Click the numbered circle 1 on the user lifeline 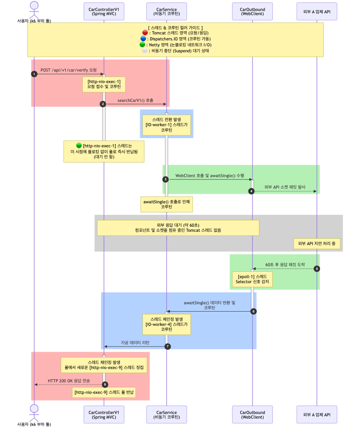pos(34,74)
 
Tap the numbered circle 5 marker pos(317,269)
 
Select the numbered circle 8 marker pos(105,384)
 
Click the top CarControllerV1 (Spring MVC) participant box pos(104,11)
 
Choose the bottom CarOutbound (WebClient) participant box pos(253,414)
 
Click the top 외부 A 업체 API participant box pos(317,11)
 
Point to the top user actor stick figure pos(34,10)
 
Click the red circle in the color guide pos(145,33)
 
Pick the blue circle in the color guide pos(143,39)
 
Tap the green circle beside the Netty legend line pos(142,45)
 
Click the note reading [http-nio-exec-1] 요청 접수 pos(104,84)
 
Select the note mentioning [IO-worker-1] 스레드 pos(167,125)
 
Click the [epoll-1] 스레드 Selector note pos(253,279)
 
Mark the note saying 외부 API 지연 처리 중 pos(317,244)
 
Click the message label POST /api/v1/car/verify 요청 pos(69,70)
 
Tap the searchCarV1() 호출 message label pos(135,101)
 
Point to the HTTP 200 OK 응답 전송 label pos(69,381)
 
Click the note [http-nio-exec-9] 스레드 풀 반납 pos(104,392)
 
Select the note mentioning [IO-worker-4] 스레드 pos(167,325)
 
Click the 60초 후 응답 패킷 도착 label pos(285,264)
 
